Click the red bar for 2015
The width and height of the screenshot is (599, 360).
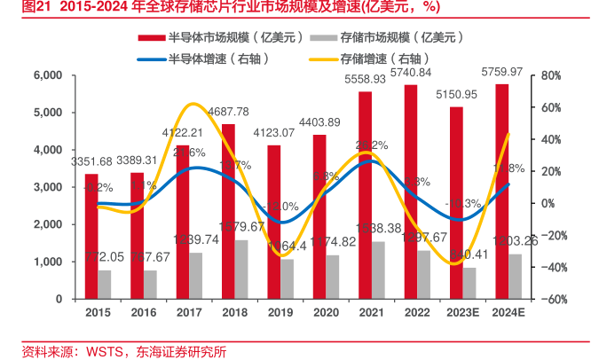[x=91, y=237]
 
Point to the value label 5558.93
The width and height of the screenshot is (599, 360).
[x=366, y=79]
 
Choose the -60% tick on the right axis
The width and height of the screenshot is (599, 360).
[x=552, y=299]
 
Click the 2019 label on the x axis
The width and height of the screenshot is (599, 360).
[x=280, y=313]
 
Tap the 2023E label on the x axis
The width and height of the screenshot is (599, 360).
[x=463, y=313]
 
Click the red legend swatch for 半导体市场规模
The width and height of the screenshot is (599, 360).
[x=151, y=38]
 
